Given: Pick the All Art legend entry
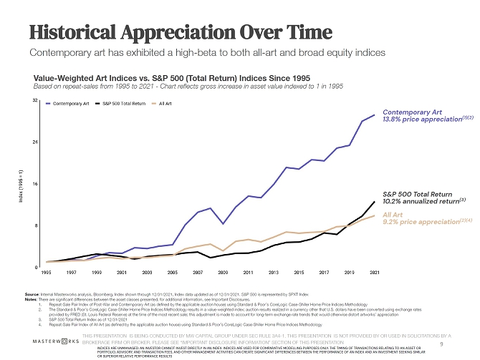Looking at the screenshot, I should (169, 104).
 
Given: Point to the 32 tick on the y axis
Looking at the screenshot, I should (35, 101).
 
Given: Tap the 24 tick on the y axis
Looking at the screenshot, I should (35, 142).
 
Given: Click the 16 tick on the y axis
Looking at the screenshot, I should (35, 184).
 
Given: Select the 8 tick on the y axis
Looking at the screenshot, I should (36, 225).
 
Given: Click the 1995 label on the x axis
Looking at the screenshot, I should (47, 273).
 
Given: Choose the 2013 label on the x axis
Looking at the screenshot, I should (273, 273).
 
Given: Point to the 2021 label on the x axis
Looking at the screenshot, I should (374, 273).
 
